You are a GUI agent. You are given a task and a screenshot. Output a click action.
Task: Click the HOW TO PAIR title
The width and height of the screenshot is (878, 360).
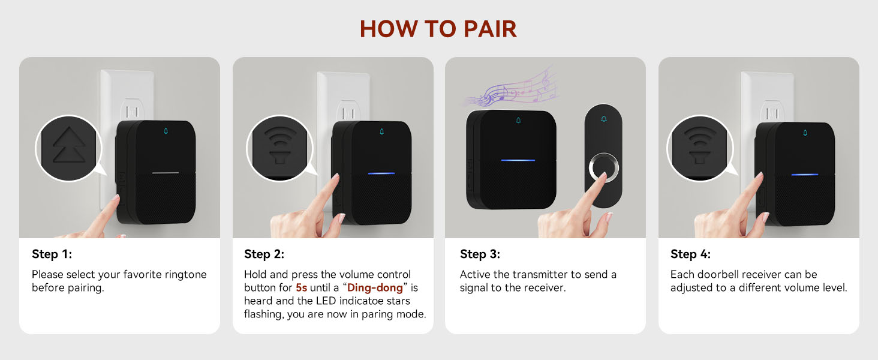(x=438, y=29)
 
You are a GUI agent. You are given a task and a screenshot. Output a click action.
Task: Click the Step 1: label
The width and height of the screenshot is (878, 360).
(x=52, y=254)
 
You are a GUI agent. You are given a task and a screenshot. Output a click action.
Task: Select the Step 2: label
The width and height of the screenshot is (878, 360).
(x=264, y=254)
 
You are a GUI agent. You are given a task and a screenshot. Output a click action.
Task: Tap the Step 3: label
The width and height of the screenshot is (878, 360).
(x=480, y=254)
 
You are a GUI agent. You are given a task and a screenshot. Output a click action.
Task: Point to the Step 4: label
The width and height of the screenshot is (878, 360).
(x=690, y=254)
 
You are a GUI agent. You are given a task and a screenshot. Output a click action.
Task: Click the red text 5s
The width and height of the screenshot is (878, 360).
(x=301, y=287)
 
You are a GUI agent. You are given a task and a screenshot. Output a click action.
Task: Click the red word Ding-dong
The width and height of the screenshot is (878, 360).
(x=375, y=287)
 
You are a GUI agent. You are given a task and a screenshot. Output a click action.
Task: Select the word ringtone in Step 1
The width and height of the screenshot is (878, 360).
(x=185, y=275)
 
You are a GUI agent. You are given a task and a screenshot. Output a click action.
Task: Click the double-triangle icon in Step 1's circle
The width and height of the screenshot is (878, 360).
(x=68, y=145)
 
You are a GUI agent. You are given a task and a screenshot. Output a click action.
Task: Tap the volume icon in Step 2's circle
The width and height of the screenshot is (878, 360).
(x=280, y=145)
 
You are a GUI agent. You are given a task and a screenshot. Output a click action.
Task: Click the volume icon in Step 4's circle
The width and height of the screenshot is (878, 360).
(x=700, y=145)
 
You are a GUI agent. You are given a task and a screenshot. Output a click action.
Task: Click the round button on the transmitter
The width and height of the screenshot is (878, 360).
(x=603, y=167)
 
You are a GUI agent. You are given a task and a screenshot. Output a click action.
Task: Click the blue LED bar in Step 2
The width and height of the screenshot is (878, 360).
(x=381, y=173)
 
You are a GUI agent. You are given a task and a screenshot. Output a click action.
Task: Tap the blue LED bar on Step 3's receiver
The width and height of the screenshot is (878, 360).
(x=518, y=160)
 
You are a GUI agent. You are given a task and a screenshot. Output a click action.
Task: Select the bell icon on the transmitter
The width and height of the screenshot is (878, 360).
(x=603, y=119)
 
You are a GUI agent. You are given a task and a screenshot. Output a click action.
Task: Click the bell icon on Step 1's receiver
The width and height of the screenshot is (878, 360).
(x=166, y=131)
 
